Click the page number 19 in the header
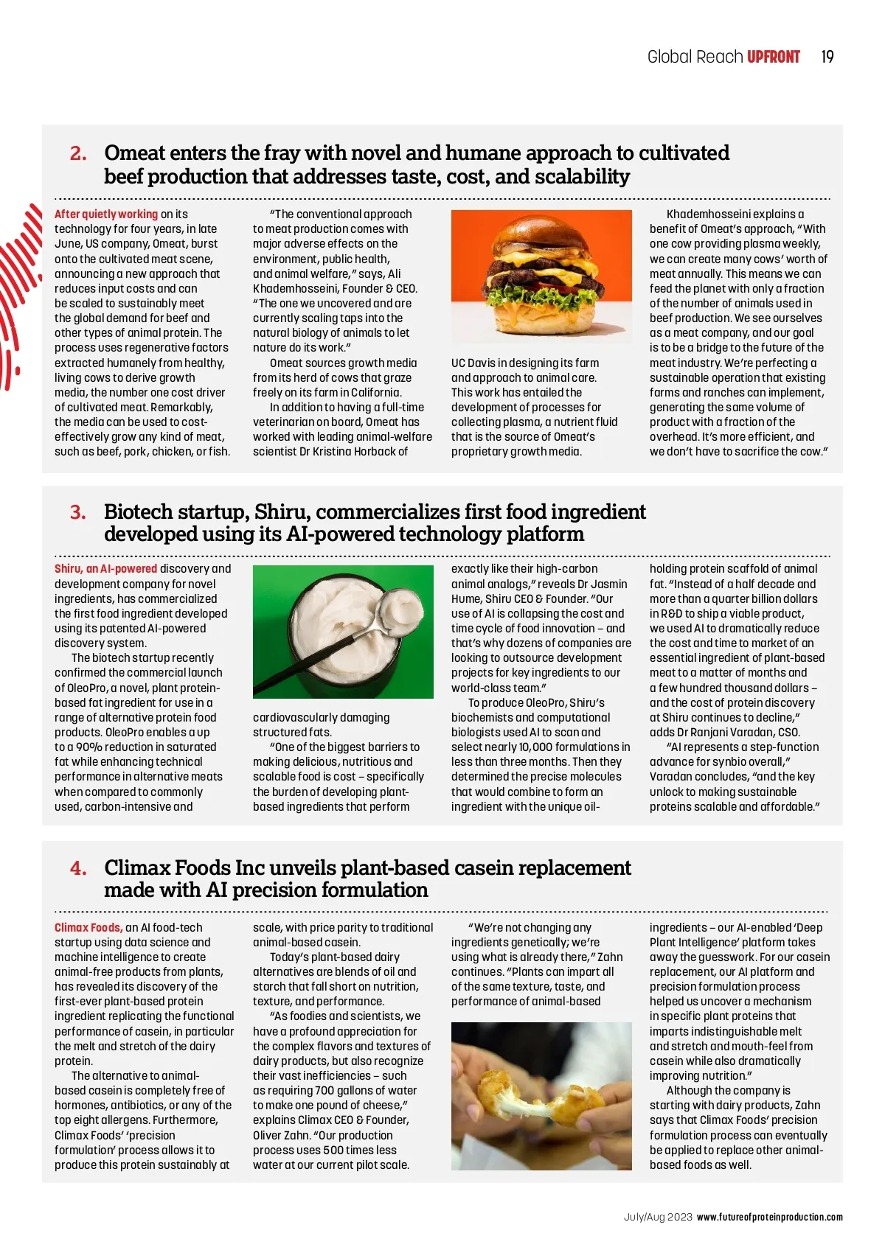[x=827, y=57]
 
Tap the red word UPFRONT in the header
[x=773, y=57]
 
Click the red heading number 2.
[x=78, y=153]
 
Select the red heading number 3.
[x=78, y=512]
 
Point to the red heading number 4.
[x=78, y=868]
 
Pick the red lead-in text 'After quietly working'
[x=106, y=214]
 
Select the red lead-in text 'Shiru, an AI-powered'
[x=106, y=568]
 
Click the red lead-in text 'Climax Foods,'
[x=88, y=927]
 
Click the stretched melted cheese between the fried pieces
[x=535, y=1098]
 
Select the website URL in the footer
[x=769, y=1217]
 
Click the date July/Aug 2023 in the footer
[x=658, y=1217]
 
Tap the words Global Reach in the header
[x=694, y=57]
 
